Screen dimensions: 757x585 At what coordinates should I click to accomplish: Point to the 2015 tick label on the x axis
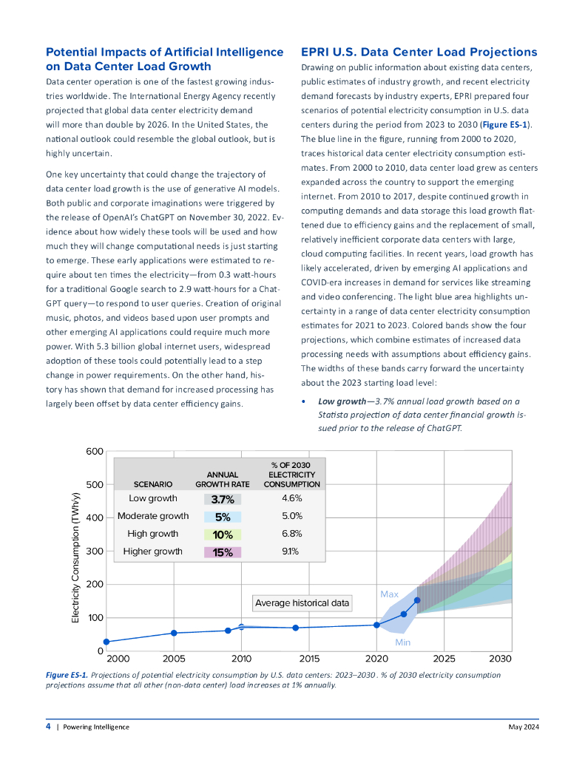tap(308, 658)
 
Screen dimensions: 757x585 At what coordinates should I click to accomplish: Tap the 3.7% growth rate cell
tap(223, 499)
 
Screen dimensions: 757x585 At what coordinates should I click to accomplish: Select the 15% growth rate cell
tap(223, 551)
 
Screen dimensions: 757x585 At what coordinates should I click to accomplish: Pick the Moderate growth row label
tap(153, 516)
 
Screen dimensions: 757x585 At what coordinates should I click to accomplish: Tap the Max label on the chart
tap(389, 594)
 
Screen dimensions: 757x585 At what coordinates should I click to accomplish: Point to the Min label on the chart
tap(402, 642)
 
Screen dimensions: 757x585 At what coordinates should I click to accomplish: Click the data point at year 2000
tap(106, 642)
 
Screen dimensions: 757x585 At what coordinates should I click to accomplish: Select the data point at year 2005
tap(174, 633)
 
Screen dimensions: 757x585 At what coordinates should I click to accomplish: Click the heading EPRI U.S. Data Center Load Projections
tap(419, 52)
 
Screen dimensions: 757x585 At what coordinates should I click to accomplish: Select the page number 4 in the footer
tap(48, 727)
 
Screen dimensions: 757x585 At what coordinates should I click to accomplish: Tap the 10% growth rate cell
tap(223, 534)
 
